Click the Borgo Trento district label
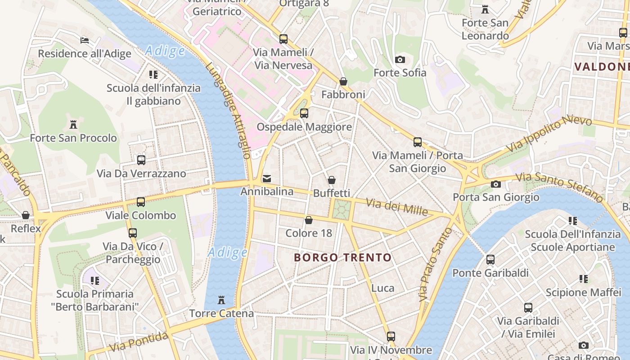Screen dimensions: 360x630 [342, 258]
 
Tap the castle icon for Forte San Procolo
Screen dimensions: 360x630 [73, 125]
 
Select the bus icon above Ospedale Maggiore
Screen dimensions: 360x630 [304, 113]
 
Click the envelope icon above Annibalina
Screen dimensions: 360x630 [267, 179]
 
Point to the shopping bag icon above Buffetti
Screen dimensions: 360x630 [332, 180]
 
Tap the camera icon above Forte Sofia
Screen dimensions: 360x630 [400, 59]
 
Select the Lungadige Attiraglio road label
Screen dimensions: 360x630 [228, 110]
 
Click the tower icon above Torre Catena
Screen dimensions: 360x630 [221, 300]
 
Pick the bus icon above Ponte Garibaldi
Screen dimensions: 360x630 [490, 260]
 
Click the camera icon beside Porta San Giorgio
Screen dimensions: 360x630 [496, 184]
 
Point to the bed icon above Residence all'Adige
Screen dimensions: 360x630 [85, 40]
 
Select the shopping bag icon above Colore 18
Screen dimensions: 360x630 [309, 220]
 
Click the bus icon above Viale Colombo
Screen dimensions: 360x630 [141, 202]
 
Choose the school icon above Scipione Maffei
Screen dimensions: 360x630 [584, 279]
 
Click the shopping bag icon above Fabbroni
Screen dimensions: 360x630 [343, 81]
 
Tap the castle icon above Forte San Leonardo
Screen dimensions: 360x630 [485, 9]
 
